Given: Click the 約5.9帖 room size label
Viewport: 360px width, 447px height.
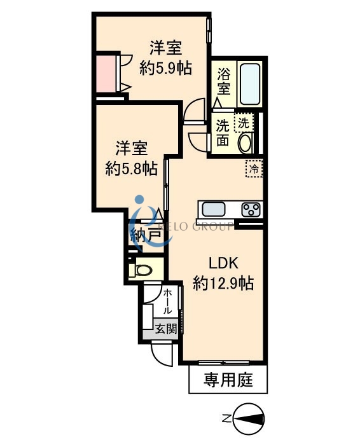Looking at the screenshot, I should pyautogui.click(x=166, y=68).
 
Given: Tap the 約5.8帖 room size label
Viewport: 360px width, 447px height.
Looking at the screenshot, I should pyautogui.click(x=132, y=168).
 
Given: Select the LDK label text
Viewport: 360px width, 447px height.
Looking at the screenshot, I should pyautogui.click(x=223, y=263).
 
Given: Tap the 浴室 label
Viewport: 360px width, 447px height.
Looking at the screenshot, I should pyautogui.click(x=223, y=80).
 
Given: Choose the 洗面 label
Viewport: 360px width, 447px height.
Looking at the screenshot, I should pyautogui.click(x=222, y=132).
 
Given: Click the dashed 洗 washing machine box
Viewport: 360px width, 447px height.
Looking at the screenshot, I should pyautogui.click(x=244, y=121).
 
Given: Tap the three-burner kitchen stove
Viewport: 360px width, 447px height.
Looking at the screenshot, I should pyautogui.click(x=251, y=209).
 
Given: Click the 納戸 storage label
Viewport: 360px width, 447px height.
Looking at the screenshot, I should pyautogui.click(x=145, y=235).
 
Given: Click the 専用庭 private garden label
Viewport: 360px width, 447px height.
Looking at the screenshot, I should pyautogui.click(x=228, y=381).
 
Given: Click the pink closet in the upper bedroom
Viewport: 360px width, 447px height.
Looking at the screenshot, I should pyautogui.click(x=104, y=72).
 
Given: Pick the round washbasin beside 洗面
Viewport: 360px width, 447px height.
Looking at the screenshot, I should pyautogui.click(x=245, y=142).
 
